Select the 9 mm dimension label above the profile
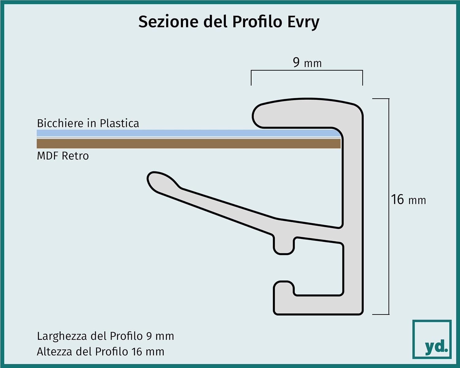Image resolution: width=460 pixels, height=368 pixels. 307,63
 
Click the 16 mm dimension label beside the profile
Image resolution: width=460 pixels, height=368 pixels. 408,200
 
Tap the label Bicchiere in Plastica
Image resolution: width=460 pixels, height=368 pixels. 88,123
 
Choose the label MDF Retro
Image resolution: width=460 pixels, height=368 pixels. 63,156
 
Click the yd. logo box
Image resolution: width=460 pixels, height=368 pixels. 432,339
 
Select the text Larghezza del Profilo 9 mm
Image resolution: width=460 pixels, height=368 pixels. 105,336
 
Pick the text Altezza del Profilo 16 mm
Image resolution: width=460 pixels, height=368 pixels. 101,351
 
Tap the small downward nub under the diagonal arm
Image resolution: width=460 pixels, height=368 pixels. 284,246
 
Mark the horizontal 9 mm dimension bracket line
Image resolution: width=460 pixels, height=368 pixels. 307,70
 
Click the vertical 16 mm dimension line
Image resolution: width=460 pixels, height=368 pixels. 389,207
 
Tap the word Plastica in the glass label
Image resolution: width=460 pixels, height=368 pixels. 120,123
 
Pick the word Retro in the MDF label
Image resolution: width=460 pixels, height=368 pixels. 75,156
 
